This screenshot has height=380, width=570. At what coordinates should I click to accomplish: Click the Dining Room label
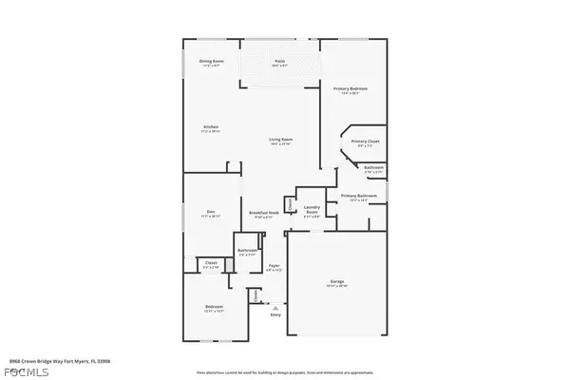coord(211,62)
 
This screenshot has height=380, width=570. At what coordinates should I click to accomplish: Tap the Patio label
coord(279,62)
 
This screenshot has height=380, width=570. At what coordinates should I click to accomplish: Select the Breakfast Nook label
coord(263,212)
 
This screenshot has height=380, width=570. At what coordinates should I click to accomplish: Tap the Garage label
coord(337,281)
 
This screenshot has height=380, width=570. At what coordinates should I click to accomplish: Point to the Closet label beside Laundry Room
coord(290,202)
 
